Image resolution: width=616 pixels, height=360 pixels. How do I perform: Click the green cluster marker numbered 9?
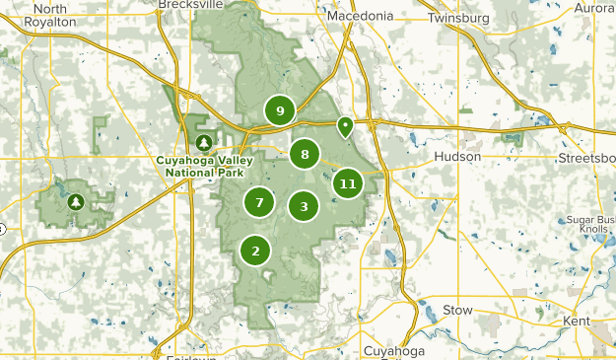(280, 110)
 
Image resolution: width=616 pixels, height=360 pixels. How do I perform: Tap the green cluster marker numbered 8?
(306, 154)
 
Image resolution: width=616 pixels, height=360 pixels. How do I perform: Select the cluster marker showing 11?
(347, 183)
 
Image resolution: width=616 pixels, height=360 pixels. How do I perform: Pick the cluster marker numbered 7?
(259, 203)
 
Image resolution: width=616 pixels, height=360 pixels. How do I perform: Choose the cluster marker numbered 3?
(304, 206)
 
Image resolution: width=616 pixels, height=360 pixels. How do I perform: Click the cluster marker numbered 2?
(255, 251)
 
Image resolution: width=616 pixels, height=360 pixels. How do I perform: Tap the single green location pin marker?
(345, 126)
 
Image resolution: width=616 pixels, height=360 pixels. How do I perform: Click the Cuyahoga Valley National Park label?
(205, 167)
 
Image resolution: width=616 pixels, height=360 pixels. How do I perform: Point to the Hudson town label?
(457, 157)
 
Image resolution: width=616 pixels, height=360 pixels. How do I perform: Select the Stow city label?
(457, 310)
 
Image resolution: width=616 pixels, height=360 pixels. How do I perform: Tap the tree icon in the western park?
(75, 203)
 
